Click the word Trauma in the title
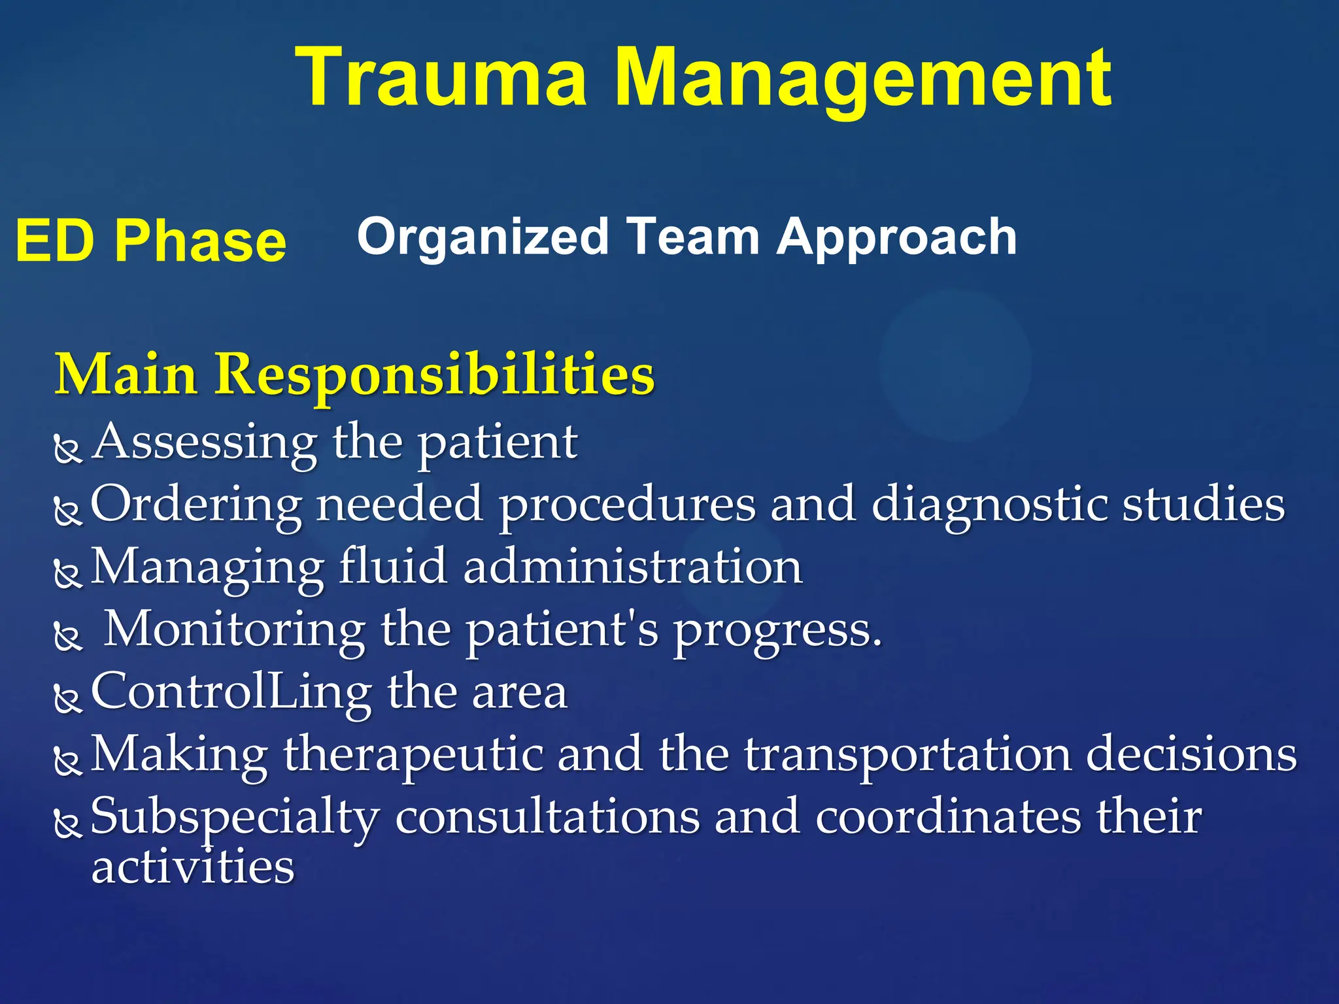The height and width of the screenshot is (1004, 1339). click(441, 78)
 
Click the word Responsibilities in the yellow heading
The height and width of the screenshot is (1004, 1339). click(435, 374)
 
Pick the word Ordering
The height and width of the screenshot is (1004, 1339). click(195, 505)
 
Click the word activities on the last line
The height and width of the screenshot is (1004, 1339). click(193, 867)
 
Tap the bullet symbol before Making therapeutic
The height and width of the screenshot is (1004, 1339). click(67, 761)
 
